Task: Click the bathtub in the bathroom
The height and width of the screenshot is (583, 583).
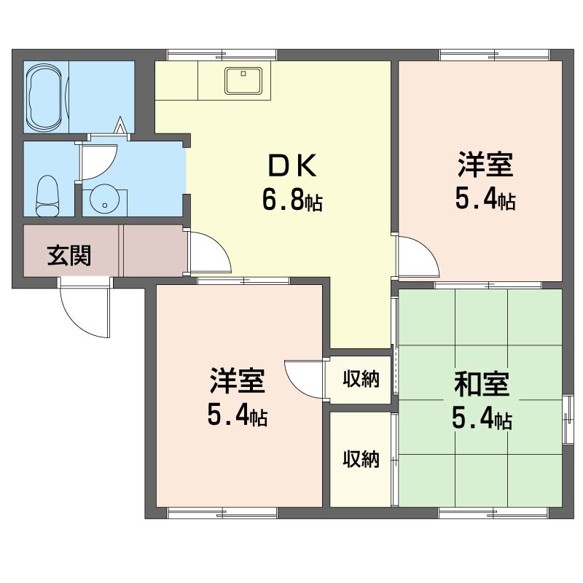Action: (45, 97)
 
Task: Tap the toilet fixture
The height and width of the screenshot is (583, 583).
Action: (47, 196)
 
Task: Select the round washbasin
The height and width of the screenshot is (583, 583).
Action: (104, 199)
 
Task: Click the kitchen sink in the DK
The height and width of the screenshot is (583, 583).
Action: (243, 81)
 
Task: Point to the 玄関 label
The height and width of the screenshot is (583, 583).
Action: (69, 256)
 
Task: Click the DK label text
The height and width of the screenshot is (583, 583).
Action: (292, 165)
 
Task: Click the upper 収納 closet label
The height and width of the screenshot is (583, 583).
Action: (361, 379)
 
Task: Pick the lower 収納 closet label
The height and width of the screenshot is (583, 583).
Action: (361, 459)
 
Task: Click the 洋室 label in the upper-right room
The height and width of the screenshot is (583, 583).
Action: (485, 165)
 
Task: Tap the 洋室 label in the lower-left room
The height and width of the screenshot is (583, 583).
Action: (238, 380)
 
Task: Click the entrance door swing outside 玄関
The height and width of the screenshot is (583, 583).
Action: (84, 308)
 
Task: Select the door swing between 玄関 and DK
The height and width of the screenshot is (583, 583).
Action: (210, 254)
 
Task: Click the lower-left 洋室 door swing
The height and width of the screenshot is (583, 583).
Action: (304, 379)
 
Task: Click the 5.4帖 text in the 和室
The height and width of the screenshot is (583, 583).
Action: (482, 418)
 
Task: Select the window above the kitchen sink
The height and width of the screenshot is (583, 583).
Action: (222, 55)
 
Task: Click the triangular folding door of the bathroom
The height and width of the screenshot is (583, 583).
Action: (120, 125)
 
